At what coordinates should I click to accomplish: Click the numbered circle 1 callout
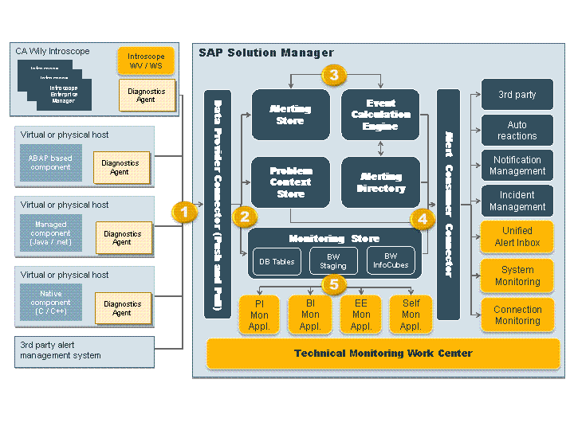[x=185, y=213]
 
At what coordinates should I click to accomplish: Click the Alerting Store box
[x=290, y=115]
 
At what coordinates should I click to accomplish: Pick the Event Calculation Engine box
[x=380, y=115]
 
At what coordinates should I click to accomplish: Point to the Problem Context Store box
[x=290, y=182]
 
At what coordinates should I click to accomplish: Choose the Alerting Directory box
[x=380, y=182]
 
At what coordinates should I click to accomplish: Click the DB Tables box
[x=277, y=261]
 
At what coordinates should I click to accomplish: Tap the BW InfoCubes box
[x=391, y=261]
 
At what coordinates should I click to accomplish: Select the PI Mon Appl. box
[x=259, y=315]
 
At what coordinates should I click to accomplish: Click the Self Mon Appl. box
[x=411, y=315]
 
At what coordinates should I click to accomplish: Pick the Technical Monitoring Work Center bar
[x=383, y=353]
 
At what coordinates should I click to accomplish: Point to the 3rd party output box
[x=517, y=95]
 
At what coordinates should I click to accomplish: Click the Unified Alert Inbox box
[x=517, y=237]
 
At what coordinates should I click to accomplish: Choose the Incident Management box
[x=517, y=201]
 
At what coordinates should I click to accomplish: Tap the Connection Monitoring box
[x=517, y=315]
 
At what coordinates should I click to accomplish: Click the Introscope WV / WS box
[x=146, y=61]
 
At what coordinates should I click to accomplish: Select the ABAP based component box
[x=50, y=163]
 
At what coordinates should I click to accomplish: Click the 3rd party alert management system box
[x=84, y=351]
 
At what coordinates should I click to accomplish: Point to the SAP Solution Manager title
[x=266, y=53]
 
